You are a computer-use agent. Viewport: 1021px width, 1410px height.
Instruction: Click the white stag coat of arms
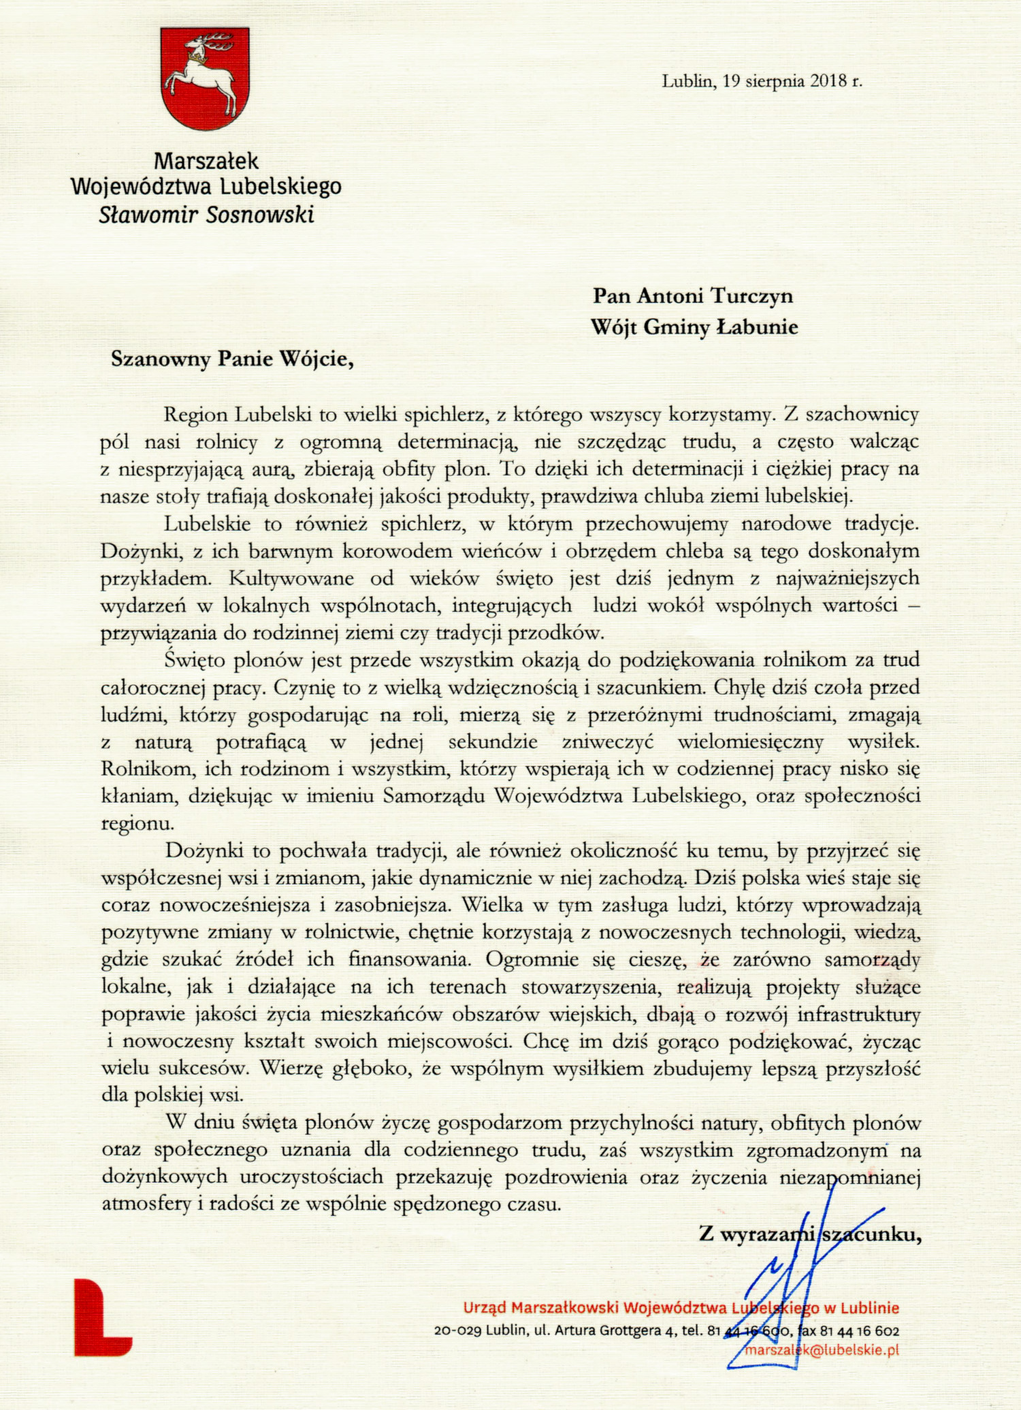coord(206,78)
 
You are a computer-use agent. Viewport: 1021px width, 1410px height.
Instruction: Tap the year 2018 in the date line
coord(826,82)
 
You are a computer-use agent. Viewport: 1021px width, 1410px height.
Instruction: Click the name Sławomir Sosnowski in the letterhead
coord(206,215)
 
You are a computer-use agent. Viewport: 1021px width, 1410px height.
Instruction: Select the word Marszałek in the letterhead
coord(206,161)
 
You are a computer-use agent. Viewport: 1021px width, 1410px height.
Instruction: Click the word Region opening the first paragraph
coord(197,415)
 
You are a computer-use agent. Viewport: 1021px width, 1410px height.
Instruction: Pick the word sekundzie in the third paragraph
coord(493,742)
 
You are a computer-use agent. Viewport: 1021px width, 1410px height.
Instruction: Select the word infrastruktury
coord(859,1015)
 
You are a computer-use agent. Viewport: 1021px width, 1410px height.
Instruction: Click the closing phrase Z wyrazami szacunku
coord(809,1234)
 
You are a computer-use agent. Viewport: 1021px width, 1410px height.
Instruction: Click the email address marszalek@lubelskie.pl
coord(822,1350)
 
